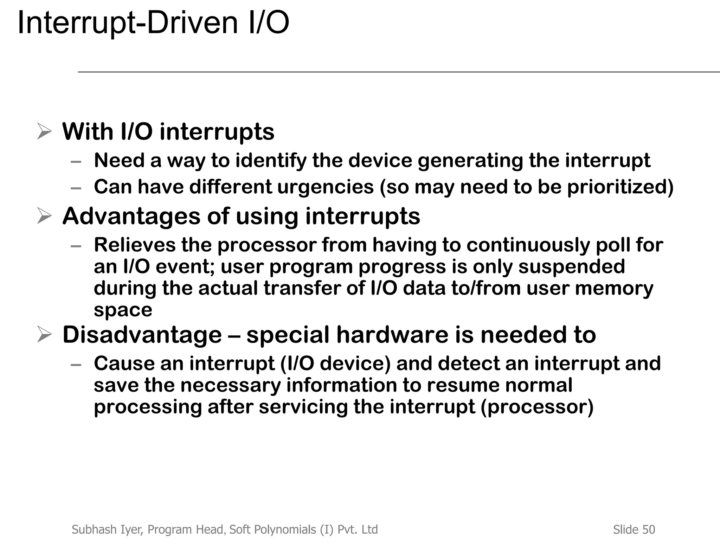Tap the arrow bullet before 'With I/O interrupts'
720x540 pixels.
[44, 132]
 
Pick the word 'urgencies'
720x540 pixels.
[325, 187]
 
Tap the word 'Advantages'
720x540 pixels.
[131, 216]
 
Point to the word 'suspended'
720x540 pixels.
[572, 266]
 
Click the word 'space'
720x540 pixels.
[123, 310]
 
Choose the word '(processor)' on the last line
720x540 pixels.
[537, 407]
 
